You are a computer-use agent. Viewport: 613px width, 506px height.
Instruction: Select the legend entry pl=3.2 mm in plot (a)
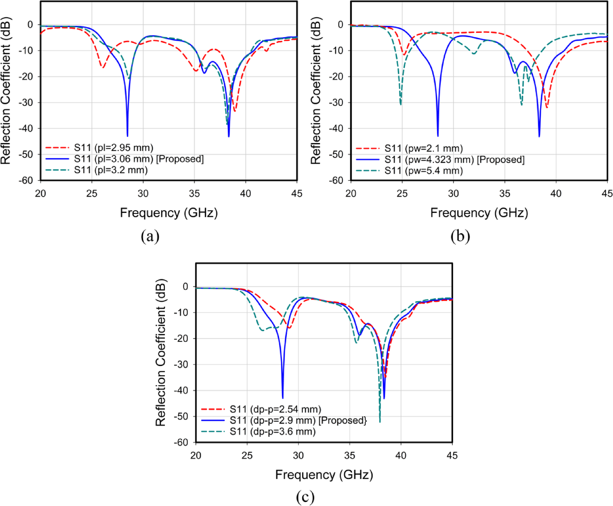click(x=111, y=170)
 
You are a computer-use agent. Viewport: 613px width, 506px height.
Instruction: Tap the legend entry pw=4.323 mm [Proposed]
click(x=454, y=160)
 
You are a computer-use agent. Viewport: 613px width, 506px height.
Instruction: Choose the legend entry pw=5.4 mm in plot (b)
click(x=423, y=171)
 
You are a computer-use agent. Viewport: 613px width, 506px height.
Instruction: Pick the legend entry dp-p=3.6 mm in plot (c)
click(x=272, y=432)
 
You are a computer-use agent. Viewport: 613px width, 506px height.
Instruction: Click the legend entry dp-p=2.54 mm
click(x=275, y=409)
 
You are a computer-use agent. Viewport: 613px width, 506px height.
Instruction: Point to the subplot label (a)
click(x=150, y=236)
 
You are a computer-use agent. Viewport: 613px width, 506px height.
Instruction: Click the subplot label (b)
click(x=460, y=236)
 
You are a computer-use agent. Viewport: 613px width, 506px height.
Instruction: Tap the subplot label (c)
click(x=305, y=497)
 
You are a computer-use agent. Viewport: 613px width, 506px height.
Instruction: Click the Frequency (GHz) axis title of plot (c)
click(x=324, y=475)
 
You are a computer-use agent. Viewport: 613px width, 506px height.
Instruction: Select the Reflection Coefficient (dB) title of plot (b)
click(x=315, y=91)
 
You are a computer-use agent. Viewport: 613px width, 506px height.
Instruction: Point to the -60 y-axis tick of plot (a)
click(x=26, y=180)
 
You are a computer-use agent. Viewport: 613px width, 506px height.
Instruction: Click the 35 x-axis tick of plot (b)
click(x=505, y=193)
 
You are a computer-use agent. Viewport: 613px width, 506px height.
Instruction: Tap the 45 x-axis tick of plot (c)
click(x=452, y=455)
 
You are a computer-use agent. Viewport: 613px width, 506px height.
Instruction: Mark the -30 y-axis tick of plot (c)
click(x=181, y=364)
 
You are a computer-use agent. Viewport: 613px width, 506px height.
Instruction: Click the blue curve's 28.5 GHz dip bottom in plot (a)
click(x=127, y=135)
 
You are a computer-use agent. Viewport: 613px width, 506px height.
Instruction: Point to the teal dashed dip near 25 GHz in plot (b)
click(x=401, y=104)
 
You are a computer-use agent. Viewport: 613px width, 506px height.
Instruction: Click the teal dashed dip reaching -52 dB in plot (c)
click(x=380, y=421)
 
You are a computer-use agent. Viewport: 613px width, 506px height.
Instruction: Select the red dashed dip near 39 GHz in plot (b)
click(x=547, y=107)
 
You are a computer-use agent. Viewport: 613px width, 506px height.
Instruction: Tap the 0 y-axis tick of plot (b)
click(x=340, y=25)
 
